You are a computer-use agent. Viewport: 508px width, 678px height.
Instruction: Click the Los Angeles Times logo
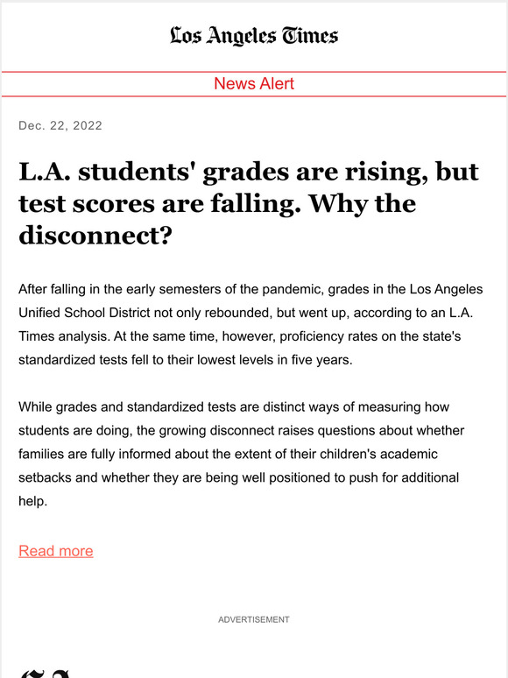[254, 35]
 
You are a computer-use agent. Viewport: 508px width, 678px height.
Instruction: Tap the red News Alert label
[254, 84]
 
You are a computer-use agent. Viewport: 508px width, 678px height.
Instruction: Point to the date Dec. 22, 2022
[60, 125]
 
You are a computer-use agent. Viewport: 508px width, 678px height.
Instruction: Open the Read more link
[55, 551]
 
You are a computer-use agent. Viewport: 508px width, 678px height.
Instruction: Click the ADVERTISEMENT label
[254, 619]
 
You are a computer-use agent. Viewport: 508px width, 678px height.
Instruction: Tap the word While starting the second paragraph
[37, 407]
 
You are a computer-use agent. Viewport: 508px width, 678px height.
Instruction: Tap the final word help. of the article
[34, 502]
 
